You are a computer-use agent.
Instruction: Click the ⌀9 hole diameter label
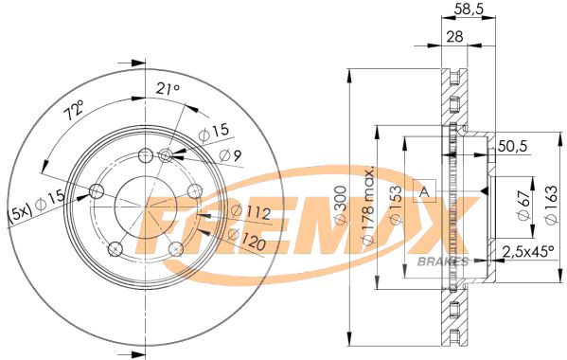point(233,155)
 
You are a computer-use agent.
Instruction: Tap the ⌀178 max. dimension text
point(367,207)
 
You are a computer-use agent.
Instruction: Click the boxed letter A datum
point(425,191)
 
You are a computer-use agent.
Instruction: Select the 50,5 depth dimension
point(512,145)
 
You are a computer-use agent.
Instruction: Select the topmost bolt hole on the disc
point(145,156)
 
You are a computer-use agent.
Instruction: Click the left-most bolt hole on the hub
point(96,192)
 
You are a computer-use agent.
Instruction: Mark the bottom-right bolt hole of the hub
point(175,249)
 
